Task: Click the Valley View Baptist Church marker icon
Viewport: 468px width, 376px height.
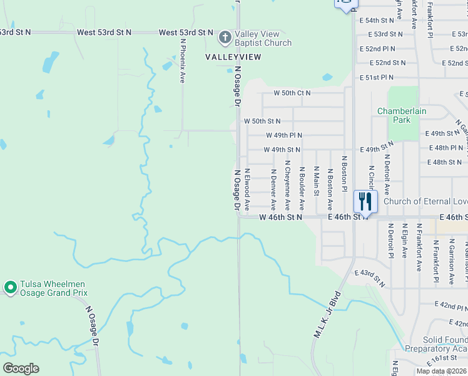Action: pyautogui.click(x=225, y=38)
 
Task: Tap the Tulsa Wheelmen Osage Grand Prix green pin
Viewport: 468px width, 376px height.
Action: pyautogui.click(x=10, y=288)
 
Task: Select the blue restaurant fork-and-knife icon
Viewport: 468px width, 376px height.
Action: pyautogui.click(x=365, y=201)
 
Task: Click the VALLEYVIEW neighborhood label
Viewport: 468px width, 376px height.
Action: pyautogui.click(x=233, y=56)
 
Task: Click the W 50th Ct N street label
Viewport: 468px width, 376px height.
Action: pyautogui.click(x=292, y=93)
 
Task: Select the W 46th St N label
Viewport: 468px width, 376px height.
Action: pyautogui.click(x=280, y=217)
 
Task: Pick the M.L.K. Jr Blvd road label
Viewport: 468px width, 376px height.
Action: pyautogui.click(x=327, y=315)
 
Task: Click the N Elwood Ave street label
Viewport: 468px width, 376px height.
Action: pyautogui.click(x=247, y=189)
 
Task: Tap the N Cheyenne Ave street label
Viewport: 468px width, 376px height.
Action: pyautogui.click(x=287, y=185)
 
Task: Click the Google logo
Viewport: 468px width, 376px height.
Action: pyautogui.click(x=21, y=368)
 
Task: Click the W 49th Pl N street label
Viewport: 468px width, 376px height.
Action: pyautogui.click(x=284, y=135)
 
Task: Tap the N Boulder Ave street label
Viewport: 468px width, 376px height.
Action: pyautogui.click(x=302, y=188)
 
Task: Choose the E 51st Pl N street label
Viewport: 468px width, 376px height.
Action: pyautogui.click(x=377, y=78)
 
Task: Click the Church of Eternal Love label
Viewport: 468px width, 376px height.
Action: pyautogui.click(x=425, y=201)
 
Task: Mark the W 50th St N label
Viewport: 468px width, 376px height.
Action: pyautogui.click(x=262, y=121)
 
